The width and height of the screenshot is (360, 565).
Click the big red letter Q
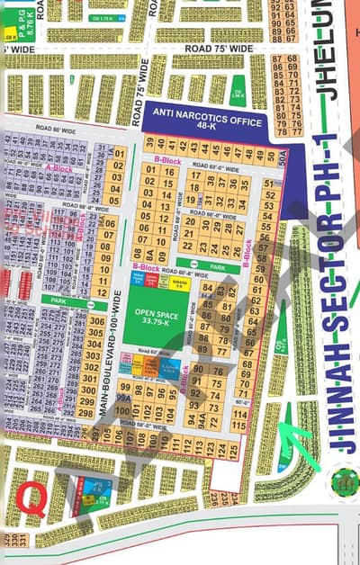coord(31,495)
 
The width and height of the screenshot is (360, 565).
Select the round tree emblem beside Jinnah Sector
coord(343,480)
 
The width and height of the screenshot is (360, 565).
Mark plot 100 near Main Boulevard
coord(125,412)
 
